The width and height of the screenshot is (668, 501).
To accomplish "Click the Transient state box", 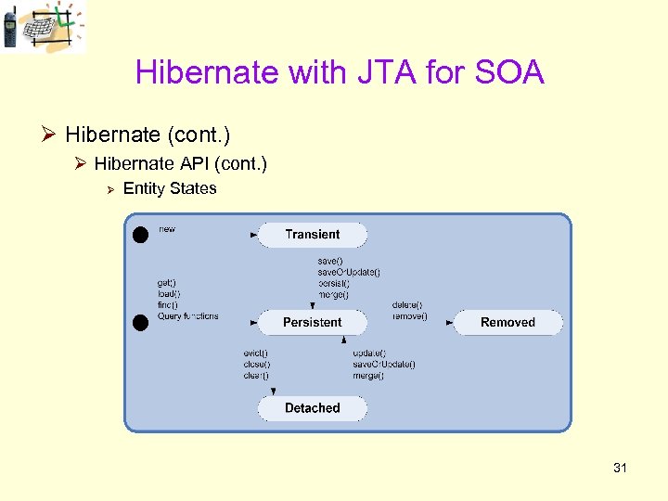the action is pos(312,235).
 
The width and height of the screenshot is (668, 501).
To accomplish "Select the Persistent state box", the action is pos(312,322).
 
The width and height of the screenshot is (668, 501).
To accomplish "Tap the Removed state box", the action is pos(507,322).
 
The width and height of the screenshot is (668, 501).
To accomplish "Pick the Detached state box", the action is pos(312,408).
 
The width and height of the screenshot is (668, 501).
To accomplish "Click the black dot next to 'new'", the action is pos(140,235).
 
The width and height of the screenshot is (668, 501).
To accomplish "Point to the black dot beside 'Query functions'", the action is pos(140,322).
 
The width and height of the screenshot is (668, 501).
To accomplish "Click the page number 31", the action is pos(620,468).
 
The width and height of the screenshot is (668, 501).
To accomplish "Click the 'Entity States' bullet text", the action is pos(170,188).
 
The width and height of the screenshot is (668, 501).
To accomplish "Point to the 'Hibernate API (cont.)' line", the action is pos(180,163).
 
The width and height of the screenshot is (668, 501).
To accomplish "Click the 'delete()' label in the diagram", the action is pos(407,304).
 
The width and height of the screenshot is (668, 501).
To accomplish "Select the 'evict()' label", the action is pos(255,353).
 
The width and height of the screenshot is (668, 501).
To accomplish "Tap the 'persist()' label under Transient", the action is pos(334,283).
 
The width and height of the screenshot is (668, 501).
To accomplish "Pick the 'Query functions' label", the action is pos(188,316).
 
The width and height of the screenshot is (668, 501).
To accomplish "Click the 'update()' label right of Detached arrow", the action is pos(369,353).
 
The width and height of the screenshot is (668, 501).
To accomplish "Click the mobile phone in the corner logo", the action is pos(10,27).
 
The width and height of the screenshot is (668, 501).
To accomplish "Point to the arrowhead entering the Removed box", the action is pos(450,323).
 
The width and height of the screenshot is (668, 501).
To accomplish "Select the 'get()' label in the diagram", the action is pos(167,282).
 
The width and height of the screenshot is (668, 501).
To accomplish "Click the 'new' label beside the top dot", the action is pos(167,229).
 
